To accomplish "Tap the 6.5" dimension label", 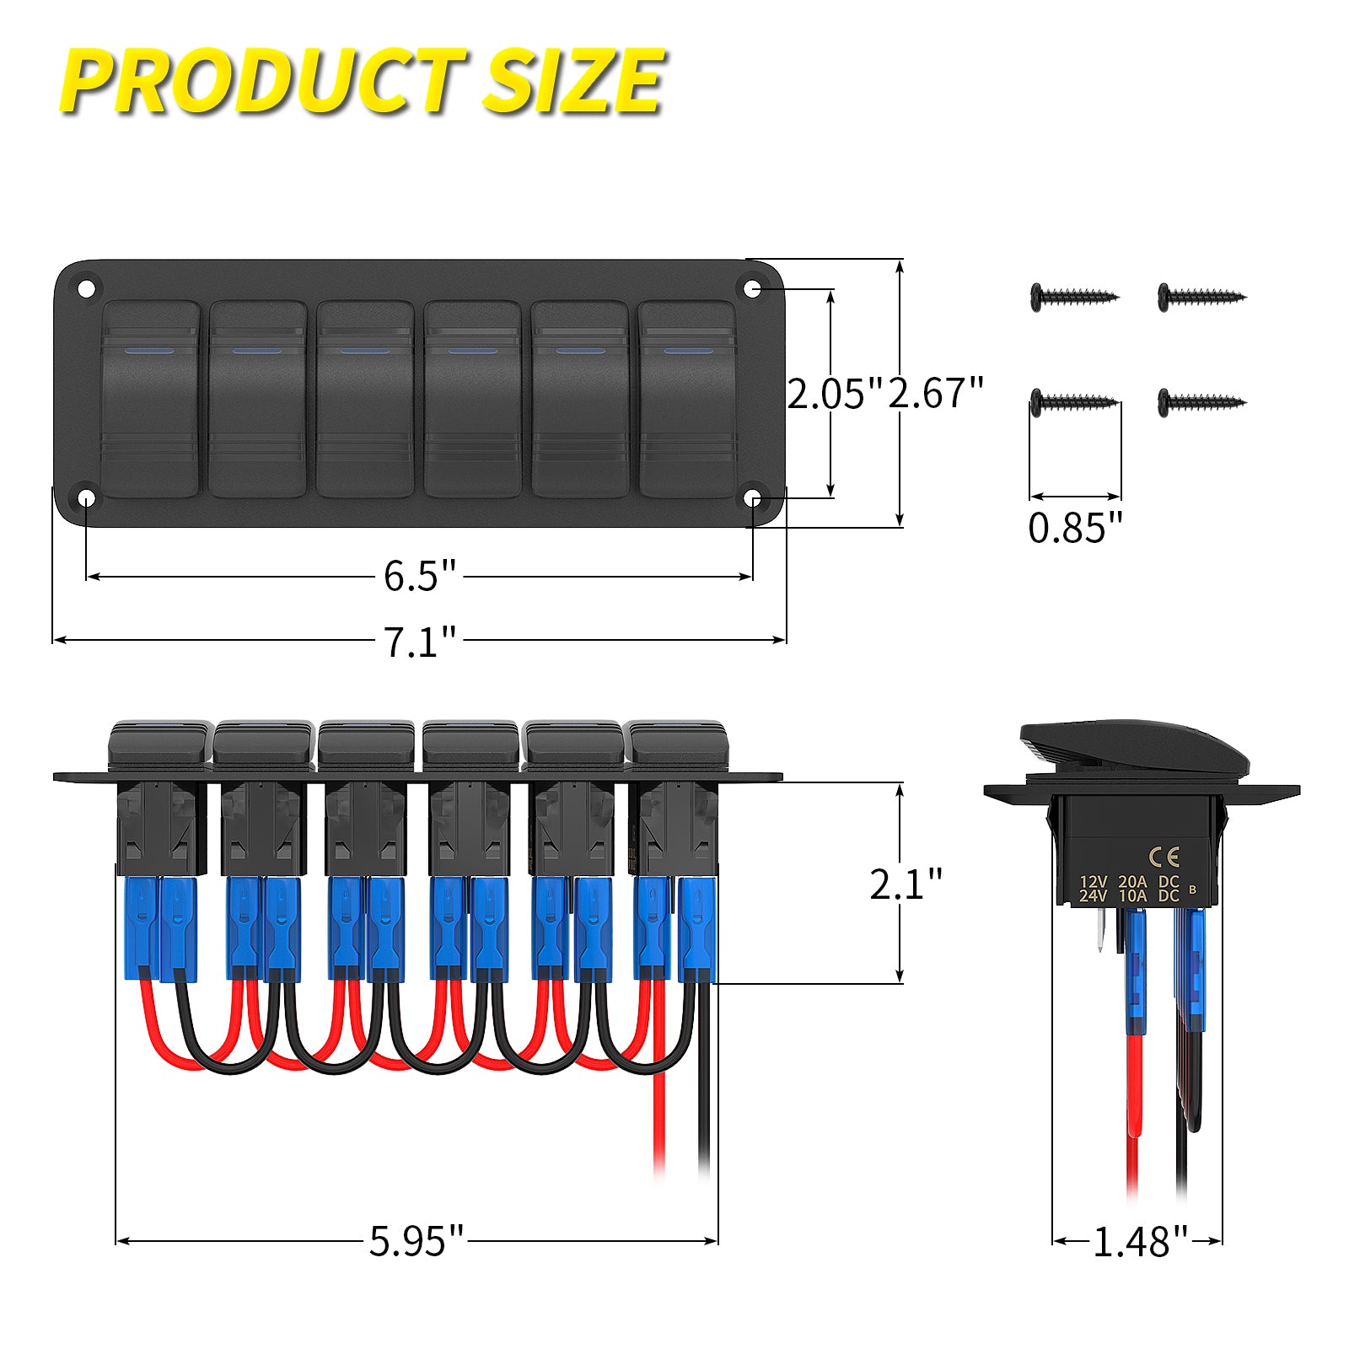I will (x=419, y=577).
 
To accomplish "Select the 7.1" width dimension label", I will (x=419, y=642).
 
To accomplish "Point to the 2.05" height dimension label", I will (x=833, y=394).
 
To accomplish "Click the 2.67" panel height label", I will (x=936, y=394).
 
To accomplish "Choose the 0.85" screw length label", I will (x=1075, y=529).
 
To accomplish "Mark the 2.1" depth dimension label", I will (x=905, y=884).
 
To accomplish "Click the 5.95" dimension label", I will (x=417, y=1241).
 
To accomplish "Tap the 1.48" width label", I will (x=1139, y=1242).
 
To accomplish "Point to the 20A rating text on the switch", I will (x=1132, y=882).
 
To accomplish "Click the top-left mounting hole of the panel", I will (x=86, y=289).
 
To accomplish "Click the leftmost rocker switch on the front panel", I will (x=150, y=399).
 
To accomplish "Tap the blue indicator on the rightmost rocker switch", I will (x=688, y=350).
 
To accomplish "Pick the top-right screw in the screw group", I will (x=1201, y=297).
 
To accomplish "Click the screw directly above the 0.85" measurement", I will (x=1073, y=400).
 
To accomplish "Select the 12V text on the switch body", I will (x=1094, y=882).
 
